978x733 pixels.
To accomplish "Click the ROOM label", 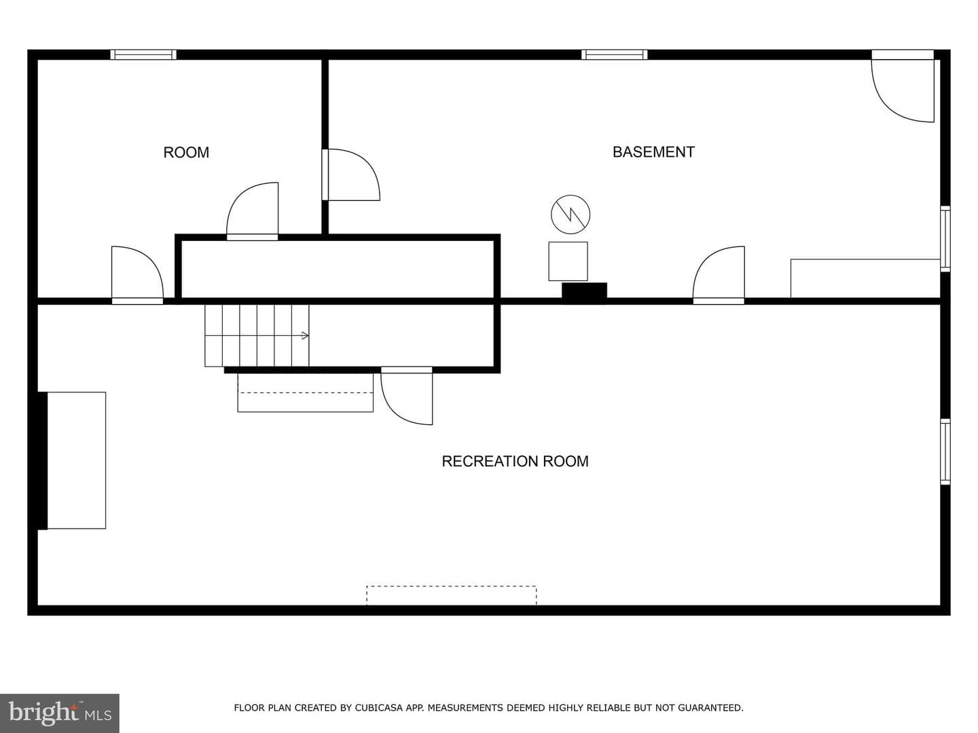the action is tap(186, 152).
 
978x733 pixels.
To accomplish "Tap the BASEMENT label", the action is tap(653, 152).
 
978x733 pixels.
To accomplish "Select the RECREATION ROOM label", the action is tap(515, 461).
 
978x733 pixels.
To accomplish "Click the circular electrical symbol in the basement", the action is tap(570, 214).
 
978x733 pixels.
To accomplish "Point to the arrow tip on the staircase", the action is tap(308, 335).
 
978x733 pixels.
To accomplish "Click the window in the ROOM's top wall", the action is tap(143, 55).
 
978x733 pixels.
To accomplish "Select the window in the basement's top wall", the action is tap(615, 55).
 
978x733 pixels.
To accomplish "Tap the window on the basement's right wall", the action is tap(945, 238).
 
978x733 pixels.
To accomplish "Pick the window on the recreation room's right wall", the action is tap(945, 451).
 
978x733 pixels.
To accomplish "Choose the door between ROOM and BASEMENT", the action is tap(350, 174).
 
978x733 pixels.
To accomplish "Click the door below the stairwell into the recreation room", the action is tap(406, 396).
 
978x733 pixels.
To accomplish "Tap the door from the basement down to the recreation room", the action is tap(719, 275).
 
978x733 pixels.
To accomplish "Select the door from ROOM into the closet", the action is tap(252, 211).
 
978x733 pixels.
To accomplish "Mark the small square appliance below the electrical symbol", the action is tap(568, 261).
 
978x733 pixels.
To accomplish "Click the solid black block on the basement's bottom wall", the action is tap(584, 290).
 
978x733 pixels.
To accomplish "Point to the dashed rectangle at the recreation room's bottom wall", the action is tap(452, 595).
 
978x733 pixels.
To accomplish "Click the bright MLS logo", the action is tap(60, 713).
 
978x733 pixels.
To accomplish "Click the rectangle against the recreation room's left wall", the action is tap(76, 460).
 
